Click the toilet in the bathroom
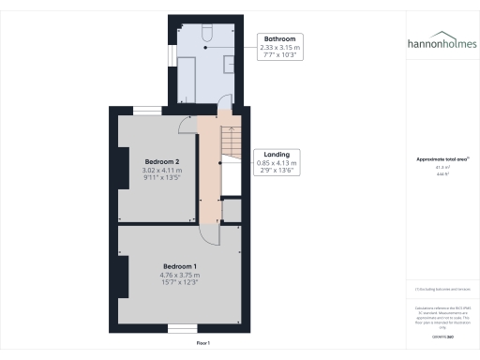pos(207,33)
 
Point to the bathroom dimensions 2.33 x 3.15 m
pos(280,49)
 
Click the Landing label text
pos(276,154)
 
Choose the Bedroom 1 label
pos(179,266)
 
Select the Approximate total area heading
pos(442,160)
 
